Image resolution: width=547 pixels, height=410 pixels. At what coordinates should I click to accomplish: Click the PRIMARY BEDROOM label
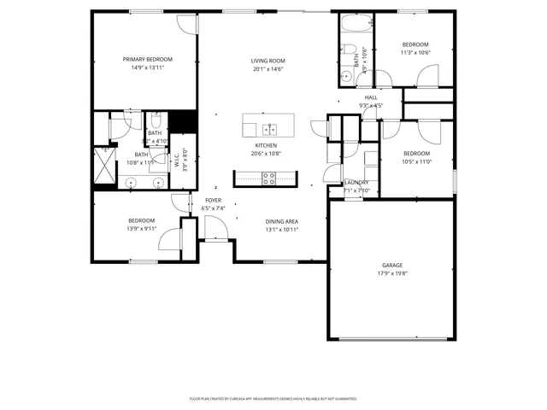tap(147, 59)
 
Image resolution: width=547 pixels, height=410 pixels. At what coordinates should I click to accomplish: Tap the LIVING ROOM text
tap(268, 61)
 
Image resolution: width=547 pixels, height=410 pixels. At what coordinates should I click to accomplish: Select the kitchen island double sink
tap(269, 129)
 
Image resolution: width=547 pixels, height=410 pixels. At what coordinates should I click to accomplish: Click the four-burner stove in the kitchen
tap(268, 179)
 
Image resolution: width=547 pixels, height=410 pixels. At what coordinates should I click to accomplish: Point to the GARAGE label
tap(392, 266)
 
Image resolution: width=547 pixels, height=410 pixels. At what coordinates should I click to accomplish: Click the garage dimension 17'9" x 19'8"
tap(392, 274)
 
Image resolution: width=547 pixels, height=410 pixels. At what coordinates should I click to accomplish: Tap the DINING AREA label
tap(281, 221)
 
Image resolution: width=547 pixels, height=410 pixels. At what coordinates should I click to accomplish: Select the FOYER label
tap(212, 200)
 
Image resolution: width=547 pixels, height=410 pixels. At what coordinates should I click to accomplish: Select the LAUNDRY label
tap(356, 183)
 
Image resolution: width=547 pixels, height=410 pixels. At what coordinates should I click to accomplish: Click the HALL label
tap(371, 97)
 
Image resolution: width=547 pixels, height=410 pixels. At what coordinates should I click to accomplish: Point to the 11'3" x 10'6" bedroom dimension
tap(415, 53)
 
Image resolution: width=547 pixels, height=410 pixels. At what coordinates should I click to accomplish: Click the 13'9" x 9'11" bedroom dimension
tap(141, 229)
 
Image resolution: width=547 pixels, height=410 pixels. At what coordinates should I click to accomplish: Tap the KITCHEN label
tap(264, 146)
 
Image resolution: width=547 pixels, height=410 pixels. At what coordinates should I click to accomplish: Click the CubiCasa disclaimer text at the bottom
tap(273, 398)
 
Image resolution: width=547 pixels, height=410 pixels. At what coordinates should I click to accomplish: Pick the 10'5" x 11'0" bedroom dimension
tap(415, 161)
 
